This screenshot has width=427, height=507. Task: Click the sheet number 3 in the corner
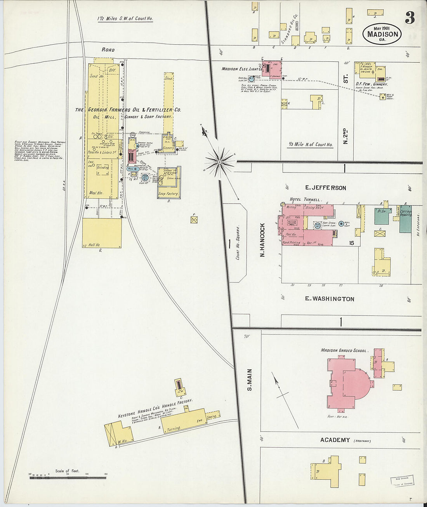(410, 17)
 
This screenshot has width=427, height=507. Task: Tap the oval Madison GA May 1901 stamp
(382, 33)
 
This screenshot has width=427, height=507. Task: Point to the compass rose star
(219, 159)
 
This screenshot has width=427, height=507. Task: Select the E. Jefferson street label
(325, 188)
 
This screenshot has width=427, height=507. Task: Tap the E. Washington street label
(329, 299)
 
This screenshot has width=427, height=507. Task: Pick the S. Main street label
(250, 380)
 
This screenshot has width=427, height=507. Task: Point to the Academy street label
(335, 440)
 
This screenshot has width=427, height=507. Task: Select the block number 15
(352, 243)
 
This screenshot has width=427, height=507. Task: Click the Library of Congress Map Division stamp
(402, 480)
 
